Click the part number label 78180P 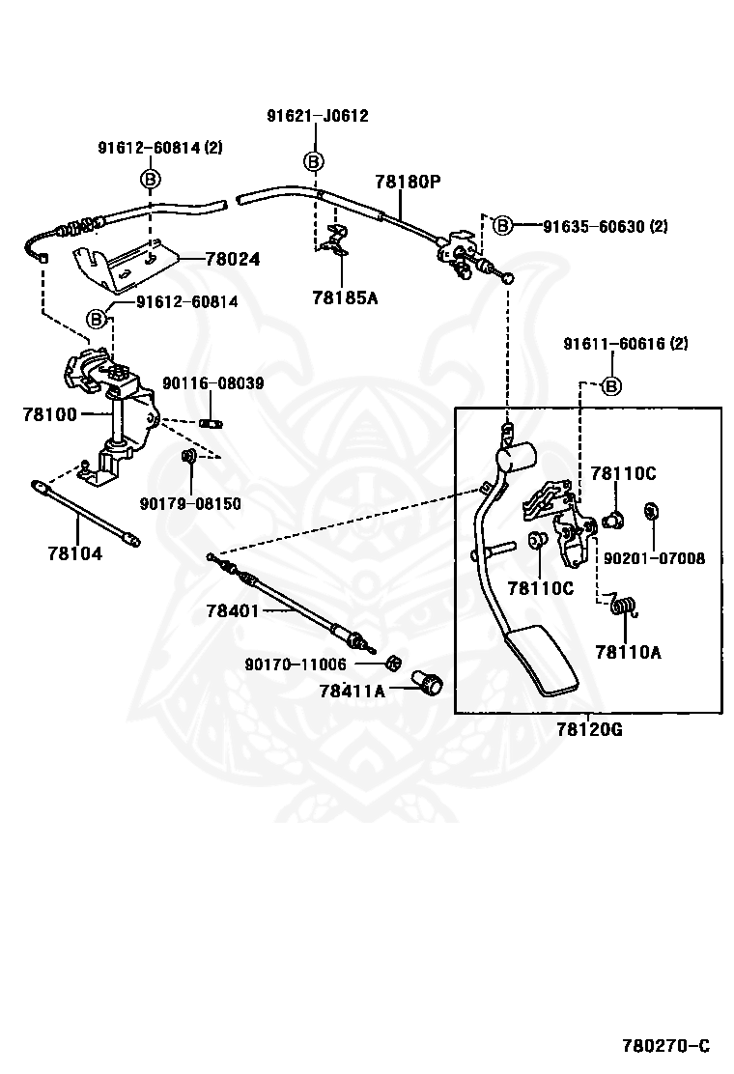pyautogui.click(x=408, y=182)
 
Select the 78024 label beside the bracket pyautogui.click(x=233, y=259)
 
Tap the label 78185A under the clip pyautogui.click(x=345, y=297)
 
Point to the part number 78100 pyautogui.click(x=50, y=413)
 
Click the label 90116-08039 pyautogui.click(x=212, y=383)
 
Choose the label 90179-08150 pyautogui.click(x=189, y=503)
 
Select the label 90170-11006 pyautogui.click(x=296, y=664)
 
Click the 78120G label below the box pyautogui.click(x=589, y=729)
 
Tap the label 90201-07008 pyautogui.click(x=654, y=557)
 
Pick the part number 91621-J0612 pyautogui.click(x=318, y=116)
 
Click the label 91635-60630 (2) pyautogui.click(x=605, y=226)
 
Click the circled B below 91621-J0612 pyautogui.click(x=314, y=160)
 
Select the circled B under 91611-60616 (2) pyautogui.click(x=611, y=386)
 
